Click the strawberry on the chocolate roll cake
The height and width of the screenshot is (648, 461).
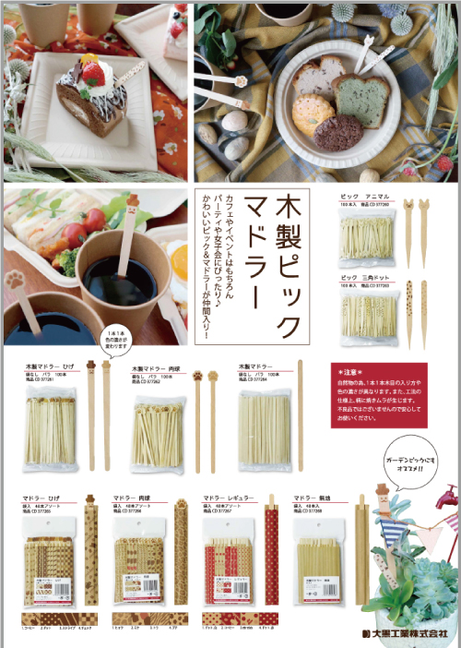(89, 69)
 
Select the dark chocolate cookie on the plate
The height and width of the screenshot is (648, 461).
(337, 132)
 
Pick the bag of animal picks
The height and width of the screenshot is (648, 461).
(366, 238)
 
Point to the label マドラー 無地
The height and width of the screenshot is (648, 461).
(313, 496)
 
